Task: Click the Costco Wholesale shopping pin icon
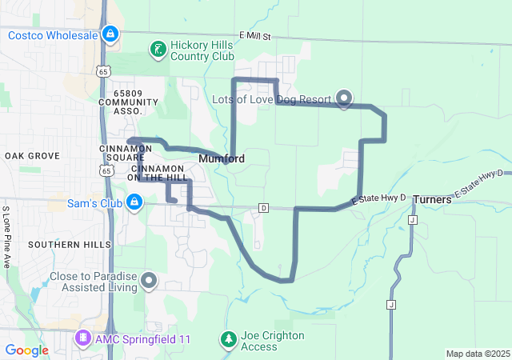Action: coord(111,34)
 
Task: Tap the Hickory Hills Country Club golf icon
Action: coord(158,50)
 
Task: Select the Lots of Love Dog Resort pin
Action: coord(344,98)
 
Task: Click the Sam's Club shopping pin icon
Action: coord(134,203)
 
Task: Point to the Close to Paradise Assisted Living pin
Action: coord(149,279)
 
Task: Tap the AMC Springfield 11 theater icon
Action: coord(82,339)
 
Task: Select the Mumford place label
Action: coord(222,158)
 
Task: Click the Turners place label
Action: coord(432,199)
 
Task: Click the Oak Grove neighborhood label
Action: coord(33,155)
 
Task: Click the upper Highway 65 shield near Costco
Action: coord(102,72)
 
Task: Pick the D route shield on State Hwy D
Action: coord(262,208)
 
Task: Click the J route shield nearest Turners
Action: coord(412,219)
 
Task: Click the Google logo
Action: coord(26,350)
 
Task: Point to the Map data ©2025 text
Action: coord(477,354)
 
